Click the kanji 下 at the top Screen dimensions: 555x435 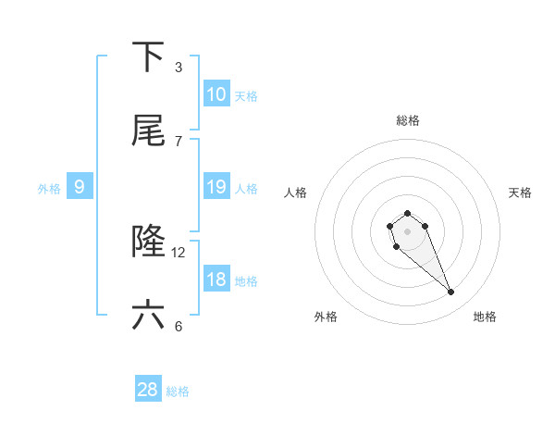click(148, 57)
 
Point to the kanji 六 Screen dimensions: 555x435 click(148, 316)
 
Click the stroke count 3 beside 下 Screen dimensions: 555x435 click(179, 67)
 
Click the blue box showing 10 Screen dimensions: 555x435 click(216, 94)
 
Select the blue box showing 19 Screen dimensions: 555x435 click(216, 187)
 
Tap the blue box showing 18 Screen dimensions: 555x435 click(216, 280)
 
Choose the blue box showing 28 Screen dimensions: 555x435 click(148, 390)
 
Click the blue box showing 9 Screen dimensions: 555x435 click(80, 187)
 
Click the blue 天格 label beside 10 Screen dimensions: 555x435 click(246, 95)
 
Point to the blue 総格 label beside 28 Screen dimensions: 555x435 click(178, 391)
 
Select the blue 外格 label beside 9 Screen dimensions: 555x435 click(49, 188)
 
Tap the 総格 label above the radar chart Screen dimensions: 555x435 click(407, 120)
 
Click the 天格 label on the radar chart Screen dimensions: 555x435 click(521, 193)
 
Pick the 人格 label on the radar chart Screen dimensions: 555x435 click(296, 193)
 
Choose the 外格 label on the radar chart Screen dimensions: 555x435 click(326, 317)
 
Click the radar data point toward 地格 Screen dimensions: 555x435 click(451, 292)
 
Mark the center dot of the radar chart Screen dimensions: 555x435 click(407, 230)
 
